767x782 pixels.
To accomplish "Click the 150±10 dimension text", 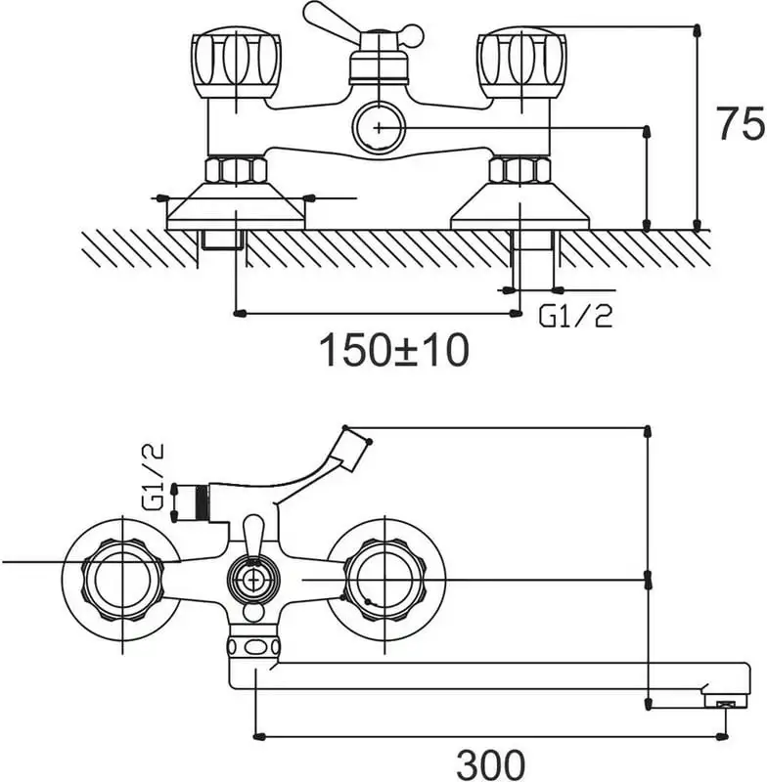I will tap(394, 348).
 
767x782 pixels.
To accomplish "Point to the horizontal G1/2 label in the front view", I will tap(576, 316).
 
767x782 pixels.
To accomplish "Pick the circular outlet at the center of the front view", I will tap(378, 127).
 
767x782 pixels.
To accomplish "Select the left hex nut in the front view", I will tap(236, 169).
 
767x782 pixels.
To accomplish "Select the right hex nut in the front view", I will tap(519, 169).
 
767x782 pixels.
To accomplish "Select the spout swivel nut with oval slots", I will tap(253, 646).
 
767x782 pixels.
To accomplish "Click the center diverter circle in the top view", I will tap(253, 580).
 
